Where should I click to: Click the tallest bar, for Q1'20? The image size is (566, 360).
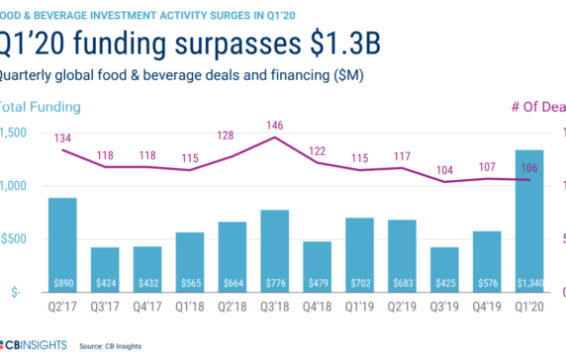529,218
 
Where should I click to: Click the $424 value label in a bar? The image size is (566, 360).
105,282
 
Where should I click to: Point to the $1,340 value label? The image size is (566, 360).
529,282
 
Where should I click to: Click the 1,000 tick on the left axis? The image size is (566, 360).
16,186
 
